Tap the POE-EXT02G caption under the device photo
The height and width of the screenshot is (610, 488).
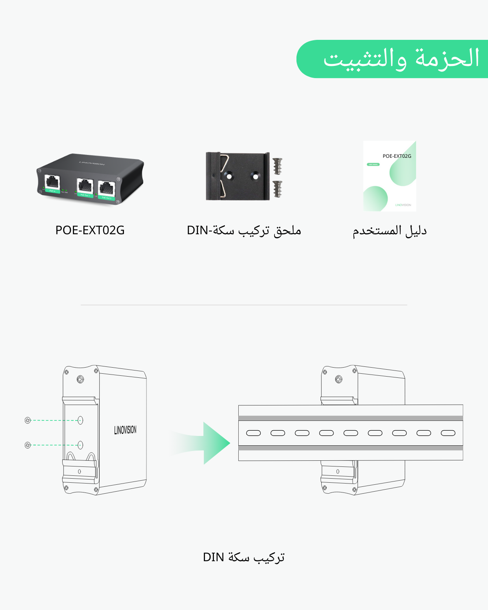[90, 230]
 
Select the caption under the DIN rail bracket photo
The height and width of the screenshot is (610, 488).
[244, 231]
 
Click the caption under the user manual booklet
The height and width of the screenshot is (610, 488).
[389, 231]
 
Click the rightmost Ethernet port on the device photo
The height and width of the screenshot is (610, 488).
[107, 188]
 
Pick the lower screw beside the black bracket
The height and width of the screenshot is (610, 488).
[278, 189]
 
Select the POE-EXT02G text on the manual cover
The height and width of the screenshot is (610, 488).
[396, 156]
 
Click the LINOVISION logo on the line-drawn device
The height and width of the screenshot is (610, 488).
[125, 430]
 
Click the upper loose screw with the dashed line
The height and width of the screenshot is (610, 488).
[28, 420]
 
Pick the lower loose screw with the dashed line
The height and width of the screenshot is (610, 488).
[28, 445]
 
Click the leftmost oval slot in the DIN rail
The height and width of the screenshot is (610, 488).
[253, 433]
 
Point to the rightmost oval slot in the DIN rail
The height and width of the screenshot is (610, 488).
[448, 433]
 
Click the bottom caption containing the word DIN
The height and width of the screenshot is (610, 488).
[244, 557]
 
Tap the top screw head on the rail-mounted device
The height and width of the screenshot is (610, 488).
[338, 379]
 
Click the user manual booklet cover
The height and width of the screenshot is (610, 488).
[389, 176]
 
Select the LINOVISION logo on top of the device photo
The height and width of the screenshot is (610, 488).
[92, 163]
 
